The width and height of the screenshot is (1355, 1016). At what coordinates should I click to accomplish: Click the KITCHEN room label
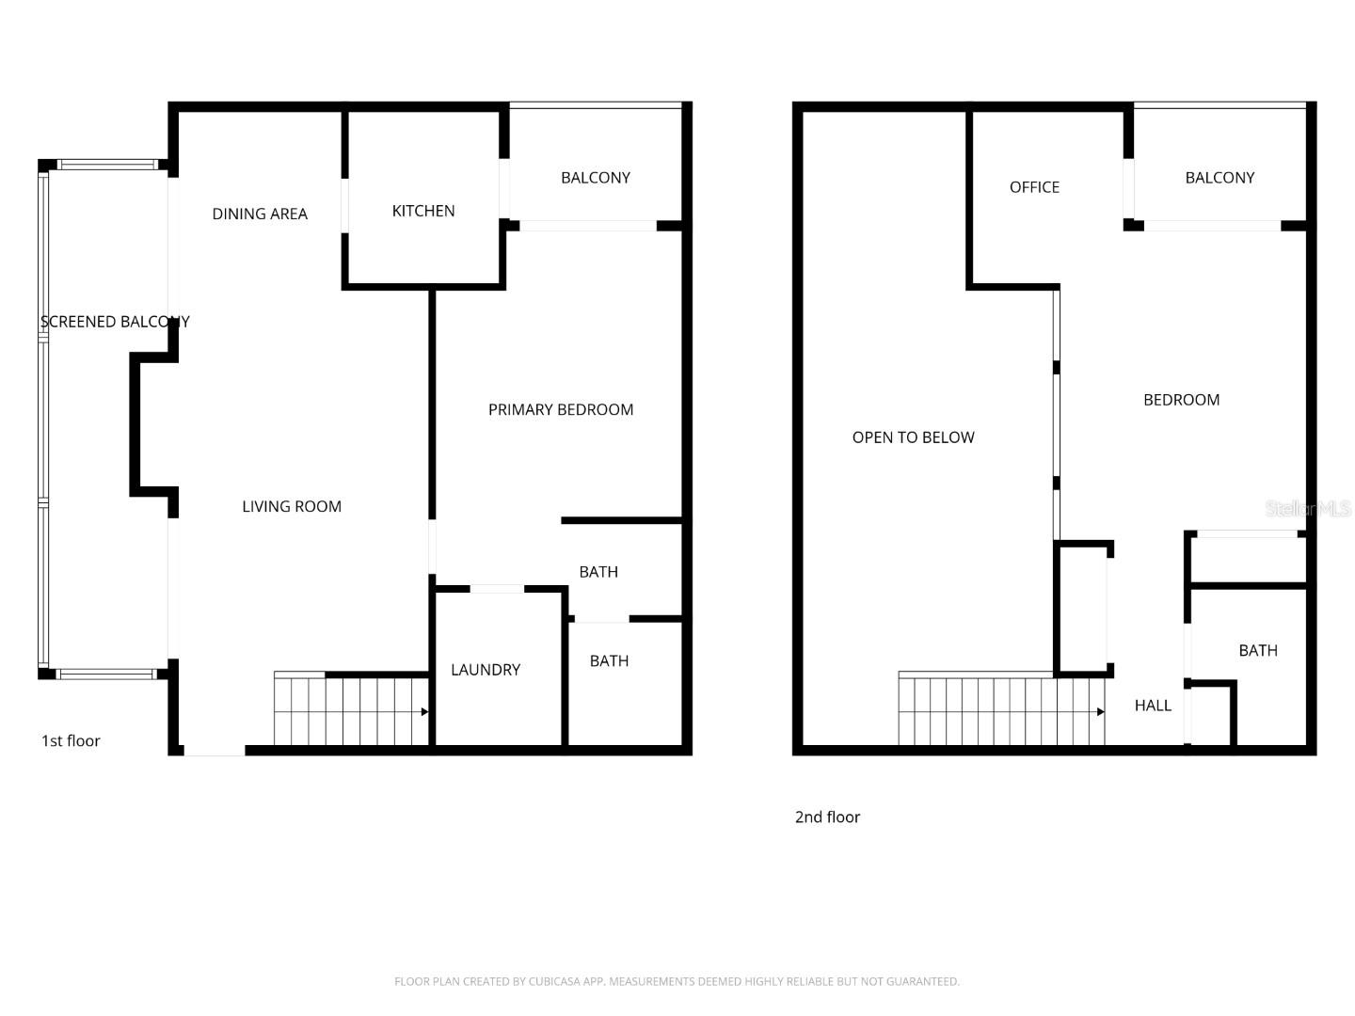(423, 211)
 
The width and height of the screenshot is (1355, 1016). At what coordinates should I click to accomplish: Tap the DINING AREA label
(260, 214)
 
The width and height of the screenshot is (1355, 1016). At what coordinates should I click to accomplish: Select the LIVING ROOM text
(292, 506)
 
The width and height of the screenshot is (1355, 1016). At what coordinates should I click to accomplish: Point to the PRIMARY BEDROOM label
(561, 409)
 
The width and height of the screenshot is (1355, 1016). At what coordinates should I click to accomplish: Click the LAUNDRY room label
(486, 670)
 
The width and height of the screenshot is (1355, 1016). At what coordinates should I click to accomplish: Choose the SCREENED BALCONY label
(115, 322)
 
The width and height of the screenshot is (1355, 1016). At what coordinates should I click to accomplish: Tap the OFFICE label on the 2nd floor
(1034, 187)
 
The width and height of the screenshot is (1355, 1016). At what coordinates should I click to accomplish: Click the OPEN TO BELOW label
(913, 437)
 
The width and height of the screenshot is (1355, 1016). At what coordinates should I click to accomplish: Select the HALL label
(1153, 706)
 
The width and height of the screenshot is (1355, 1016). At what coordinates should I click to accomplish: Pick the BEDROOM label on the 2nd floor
(1181, 400)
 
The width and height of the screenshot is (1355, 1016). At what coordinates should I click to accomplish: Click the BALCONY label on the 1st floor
(596, 178)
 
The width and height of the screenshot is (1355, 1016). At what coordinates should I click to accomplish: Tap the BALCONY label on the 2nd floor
(1219, 178)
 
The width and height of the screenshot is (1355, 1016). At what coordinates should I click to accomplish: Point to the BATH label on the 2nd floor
(1258, 651)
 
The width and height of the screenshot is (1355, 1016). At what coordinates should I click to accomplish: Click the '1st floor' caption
(71, 741)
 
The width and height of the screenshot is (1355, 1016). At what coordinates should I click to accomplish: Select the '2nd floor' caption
(827, 818)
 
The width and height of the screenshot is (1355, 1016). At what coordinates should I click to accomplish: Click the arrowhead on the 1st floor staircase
(425, 712)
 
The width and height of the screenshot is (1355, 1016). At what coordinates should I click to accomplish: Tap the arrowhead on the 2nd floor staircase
(1101, 712)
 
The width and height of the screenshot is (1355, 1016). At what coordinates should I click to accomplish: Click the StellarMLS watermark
(1308, 509)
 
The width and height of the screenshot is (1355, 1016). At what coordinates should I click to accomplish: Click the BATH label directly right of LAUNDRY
(609, 661)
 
